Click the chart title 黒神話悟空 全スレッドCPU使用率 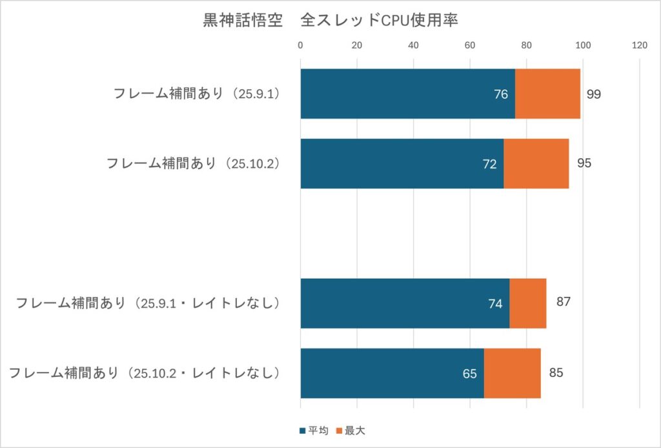(x=330, y=21)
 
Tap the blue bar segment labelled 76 (x=407, y=94)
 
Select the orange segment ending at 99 (x=547, y=94)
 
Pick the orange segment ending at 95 (x=536, y=163)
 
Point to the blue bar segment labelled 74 (x=404, y=303)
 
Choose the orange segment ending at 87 (x=527, y=303)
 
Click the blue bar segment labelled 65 (x=392, y=373)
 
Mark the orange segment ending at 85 (x=512, y=373)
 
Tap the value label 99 (x=594, y=94)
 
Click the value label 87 (x=564, y=301)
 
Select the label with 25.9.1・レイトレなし (x=148, y=303)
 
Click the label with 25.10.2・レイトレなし (x=145, y=373)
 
